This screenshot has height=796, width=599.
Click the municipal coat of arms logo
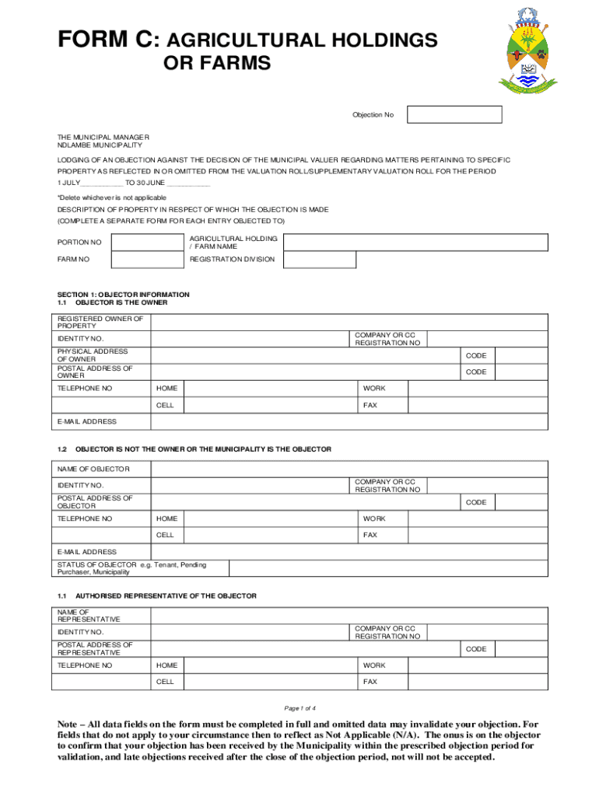click(x=527, y=51)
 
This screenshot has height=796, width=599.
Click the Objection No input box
click(x=454, y=115)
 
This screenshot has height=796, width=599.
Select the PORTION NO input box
click(x=146, y=242)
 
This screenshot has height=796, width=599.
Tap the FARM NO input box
click(x=146, y=260)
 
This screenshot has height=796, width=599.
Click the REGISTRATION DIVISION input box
click(x=319, y=260)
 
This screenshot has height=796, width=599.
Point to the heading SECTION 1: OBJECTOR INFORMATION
click(x=123, y=295)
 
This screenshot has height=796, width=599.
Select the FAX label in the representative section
click(x=370, y=682)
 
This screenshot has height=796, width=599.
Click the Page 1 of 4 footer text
click(x=299, y=708)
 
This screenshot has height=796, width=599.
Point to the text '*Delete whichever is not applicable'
click(x=112, y=197)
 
